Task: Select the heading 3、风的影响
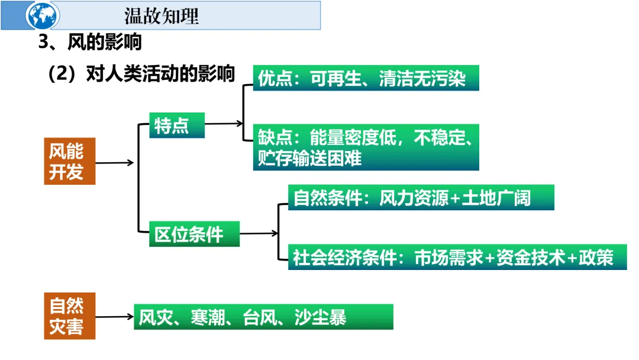pyautogui.click(x=90, y=43)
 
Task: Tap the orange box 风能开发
pyautogui.click(x=69, y=162)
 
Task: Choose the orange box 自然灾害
pyautogui.click(x=69, y=316)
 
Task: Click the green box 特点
pyautogui.click(x=176, y=125)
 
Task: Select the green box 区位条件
pyautogui.click(x=194, y=234)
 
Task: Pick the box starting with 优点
pyautogui.click(x=366, y=79)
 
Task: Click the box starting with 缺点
pyautogui.click(x=366, y=147)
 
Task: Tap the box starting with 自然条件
pyautogui.click(x=421, y=198)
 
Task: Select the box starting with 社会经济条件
pyautogui.click(x=457, y=258)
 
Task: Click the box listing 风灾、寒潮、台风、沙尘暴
pyautogui.click(x=263, y=317)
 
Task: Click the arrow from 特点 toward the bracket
pyautogui.click(x=224, y=124)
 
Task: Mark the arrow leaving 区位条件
pyautogui.click(x=259, y=233)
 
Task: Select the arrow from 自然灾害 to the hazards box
pyautogui.click(x=114, y=317)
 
